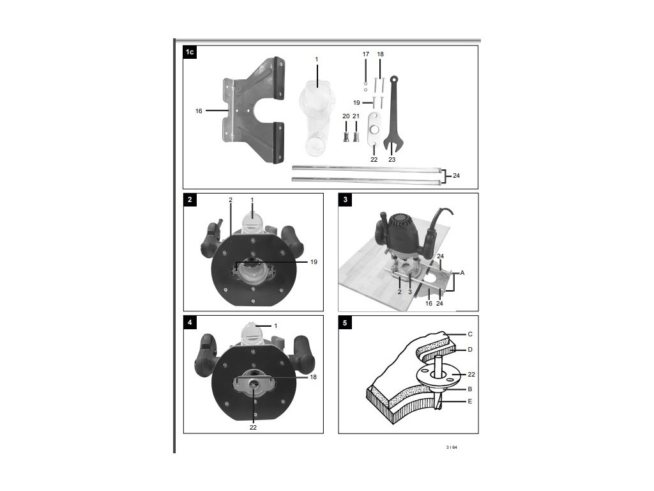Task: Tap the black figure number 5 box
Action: (345, 323)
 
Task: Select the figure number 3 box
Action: (345, 200)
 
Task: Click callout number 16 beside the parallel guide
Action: (199, 111)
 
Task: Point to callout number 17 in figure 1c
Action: (366, 55)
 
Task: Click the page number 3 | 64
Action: (452, 448)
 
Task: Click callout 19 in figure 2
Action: (313, 262)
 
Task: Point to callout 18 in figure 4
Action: (313, 377)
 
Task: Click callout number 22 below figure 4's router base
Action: (253, 427)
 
